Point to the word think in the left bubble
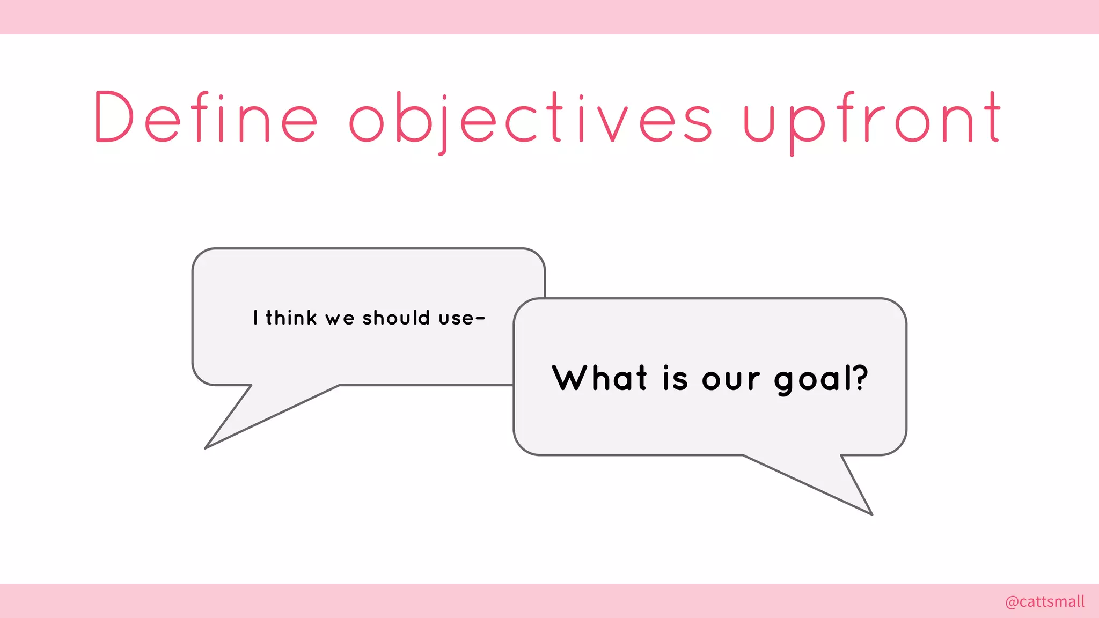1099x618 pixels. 291,318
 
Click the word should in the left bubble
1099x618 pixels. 396,318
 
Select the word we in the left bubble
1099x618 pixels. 340,319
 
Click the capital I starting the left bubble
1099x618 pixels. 255,318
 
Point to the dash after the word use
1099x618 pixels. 480,319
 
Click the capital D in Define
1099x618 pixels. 113,117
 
